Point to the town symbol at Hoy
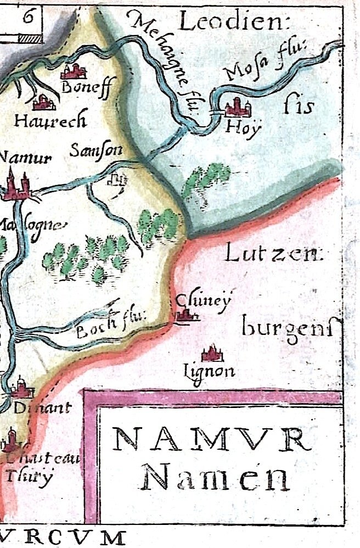click(x=237, y=107)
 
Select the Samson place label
click(x=96, y=150)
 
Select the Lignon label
click(x=210, y=372)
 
